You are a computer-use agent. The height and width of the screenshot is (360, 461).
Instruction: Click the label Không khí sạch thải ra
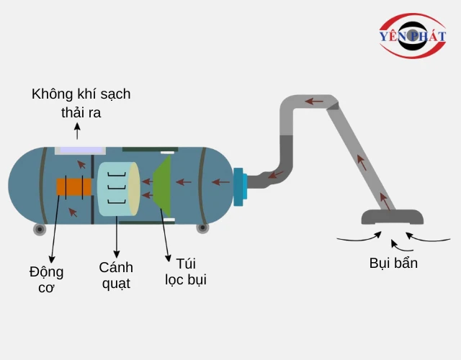coord(81,104)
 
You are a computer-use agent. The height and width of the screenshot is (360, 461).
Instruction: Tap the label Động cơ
coord(47,279)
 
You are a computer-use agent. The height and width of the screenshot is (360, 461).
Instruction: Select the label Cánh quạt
coord(116,275)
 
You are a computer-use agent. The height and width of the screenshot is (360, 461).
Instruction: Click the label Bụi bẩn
coord(393,263)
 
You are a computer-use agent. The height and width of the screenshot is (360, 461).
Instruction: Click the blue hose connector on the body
coord(239,184)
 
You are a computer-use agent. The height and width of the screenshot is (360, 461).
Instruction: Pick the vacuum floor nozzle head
coord(392,216)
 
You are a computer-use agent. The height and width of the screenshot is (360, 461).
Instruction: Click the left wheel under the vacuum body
coord(40,229)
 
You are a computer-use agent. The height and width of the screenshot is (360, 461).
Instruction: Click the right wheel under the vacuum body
coord(203,229)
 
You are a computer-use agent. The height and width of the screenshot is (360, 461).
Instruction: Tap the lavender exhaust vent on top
coord(75,150)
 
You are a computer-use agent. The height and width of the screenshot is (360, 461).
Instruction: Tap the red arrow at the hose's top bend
coord(314,101)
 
